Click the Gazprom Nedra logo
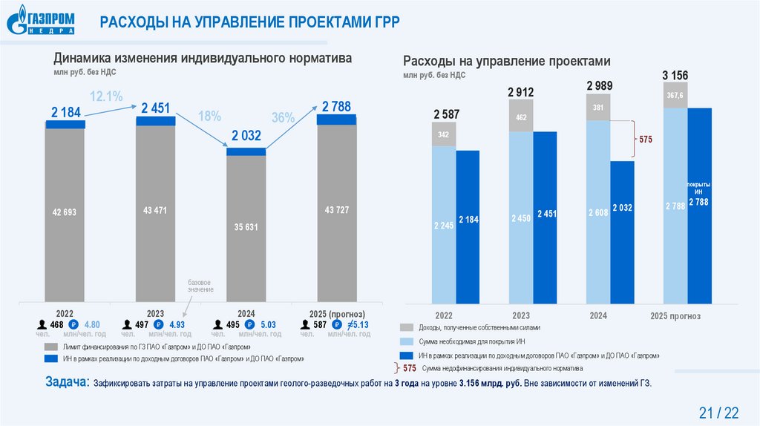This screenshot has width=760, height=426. point(42,20)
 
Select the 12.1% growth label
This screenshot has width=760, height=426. point(105,96)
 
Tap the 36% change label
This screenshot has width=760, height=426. point(284,117)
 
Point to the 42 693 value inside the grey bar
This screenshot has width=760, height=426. point(64,212)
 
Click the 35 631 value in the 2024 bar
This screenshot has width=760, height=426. point(245,227)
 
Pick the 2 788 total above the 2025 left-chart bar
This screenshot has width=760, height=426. point(337,106)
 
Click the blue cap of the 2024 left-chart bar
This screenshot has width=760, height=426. point(246,151)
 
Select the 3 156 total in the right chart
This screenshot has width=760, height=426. point(675,75)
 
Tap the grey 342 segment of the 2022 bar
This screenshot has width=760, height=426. point(443,134)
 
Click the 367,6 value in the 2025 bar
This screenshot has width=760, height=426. point(675,95)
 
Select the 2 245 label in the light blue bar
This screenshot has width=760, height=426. point(443,226)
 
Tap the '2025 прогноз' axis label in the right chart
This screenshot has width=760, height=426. point(675,316)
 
